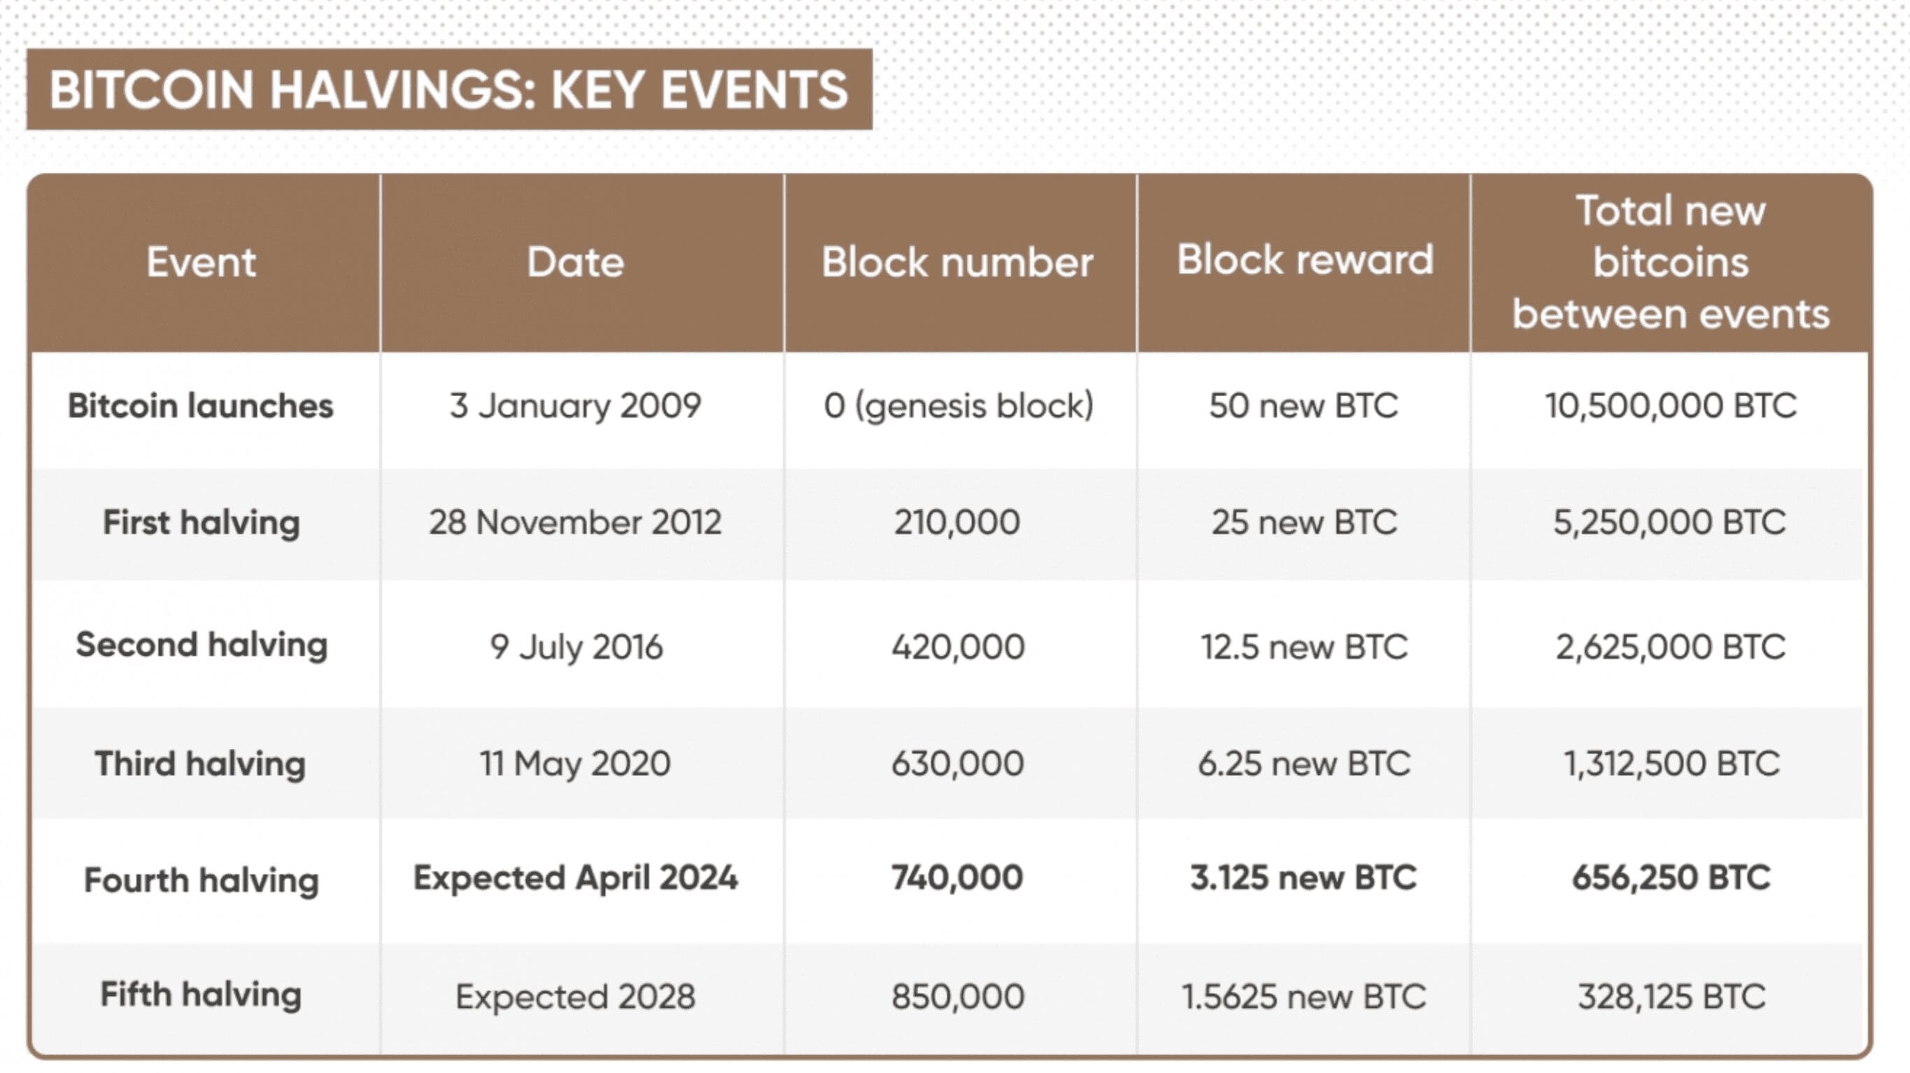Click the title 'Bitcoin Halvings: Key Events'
[448, 90]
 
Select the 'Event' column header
[201, 262]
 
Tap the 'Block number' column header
[957, 262]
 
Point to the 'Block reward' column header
[1305, 260]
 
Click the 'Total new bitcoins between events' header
[1671, 262]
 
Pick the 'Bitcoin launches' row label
[201, 406]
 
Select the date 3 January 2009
[575, 406]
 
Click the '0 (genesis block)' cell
[958, 407]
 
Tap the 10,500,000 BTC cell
[1671, 406]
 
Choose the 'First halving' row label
[201, 523]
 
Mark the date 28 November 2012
[575, 522]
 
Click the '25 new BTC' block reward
[1304, 522]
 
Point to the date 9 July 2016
[576, 647]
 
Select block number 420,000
[958, 647]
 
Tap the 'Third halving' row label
[200, 764]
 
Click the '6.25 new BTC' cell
[1304, 763]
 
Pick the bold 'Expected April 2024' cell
[575, 878]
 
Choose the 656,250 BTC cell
[1671, 878]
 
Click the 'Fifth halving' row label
[201, 995]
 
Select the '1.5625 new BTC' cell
[1303, 997]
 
